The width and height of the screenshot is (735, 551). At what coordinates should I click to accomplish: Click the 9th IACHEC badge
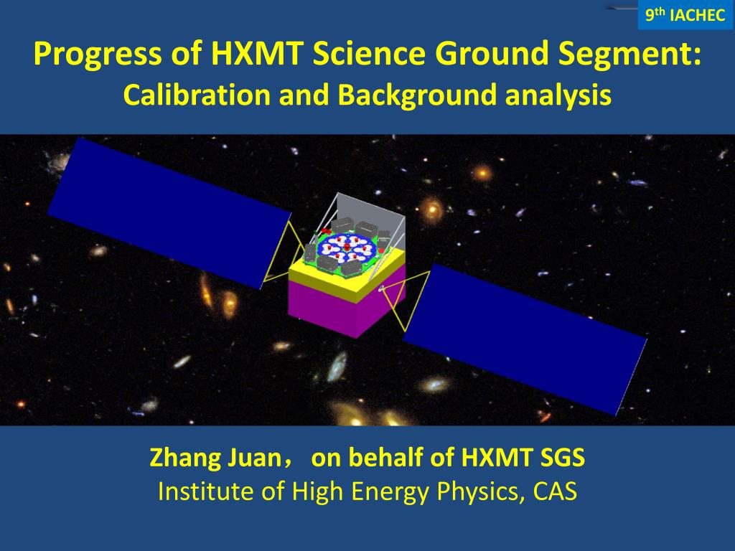(685, 14)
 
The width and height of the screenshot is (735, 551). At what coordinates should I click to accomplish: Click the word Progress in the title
(98, 54)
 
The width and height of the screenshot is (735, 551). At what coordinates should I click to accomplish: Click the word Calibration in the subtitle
(197, 94)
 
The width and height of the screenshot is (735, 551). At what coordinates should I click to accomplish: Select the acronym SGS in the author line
(563, 457)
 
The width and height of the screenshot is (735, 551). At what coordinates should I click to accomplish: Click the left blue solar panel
(169, 213)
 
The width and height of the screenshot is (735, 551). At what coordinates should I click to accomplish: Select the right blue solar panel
(525, 339)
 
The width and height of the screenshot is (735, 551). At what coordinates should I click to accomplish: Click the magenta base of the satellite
(347, 303)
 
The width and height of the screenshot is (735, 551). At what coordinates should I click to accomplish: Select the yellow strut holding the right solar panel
(406, 300)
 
